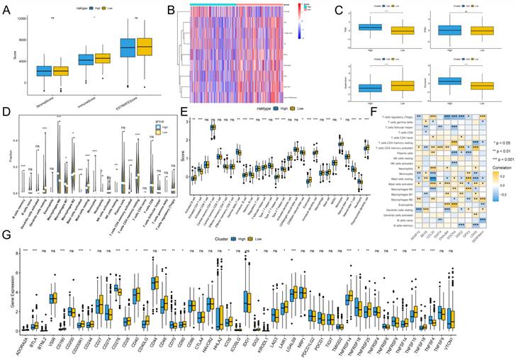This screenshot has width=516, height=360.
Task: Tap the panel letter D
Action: tap(6, 112)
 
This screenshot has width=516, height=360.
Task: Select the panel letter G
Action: tap(6, 233)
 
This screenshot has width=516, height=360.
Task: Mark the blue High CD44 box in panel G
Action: tap(154, 283)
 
